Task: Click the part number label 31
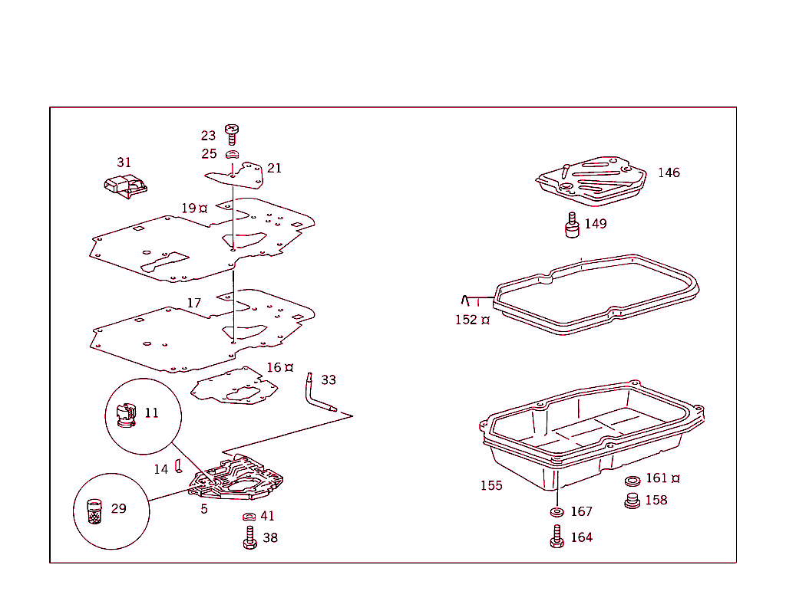(x=124, y=163)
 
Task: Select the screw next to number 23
(x=231, y=134)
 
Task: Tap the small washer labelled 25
(x=233, y=154)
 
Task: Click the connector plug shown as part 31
(x=124, y=187)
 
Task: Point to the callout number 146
(x=668, y=173)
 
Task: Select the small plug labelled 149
(x=572, y=226)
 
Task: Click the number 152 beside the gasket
(x=466, y=320)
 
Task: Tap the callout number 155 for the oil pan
(x=491, y=485)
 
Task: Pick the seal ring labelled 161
(x=633, y=481)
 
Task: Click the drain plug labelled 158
(x=633, y=501)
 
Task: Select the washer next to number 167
(x=555, y=511)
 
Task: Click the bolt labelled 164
(x=556, y=537)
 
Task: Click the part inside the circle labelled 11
(x=124, y=415)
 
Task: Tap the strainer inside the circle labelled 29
(x=94, y=511)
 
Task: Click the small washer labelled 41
(x=249, y=517)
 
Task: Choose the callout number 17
(x=194, y=304)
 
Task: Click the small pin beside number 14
(x=177, y=466)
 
